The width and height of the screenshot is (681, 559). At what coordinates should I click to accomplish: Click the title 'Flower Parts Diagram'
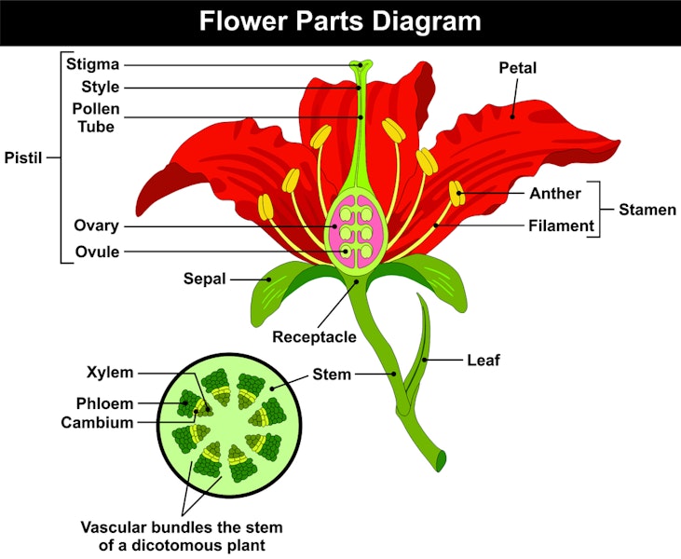coord(340,21)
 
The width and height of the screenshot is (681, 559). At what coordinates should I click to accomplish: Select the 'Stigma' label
coord(92,65)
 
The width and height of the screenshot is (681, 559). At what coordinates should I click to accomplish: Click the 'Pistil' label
coord(24,157)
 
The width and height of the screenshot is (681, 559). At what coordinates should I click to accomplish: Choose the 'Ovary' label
coord(96,225)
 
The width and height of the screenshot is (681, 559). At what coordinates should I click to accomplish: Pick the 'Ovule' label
coord(96,252)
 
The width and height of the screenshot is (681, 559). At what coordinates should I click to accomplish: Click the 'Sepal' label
coord(205,278)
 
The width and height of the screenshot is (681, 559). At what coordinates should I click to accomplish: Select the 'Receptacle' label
coord(314,336)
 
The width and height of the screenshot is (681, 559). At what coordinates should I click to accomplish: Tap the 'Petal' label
coord(518,68)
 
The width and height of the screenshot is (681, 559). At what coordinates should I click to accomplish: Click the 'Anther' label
coord(555,194)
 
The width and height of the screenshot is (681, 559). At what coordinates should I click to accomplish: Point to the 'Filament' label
coord(561,225)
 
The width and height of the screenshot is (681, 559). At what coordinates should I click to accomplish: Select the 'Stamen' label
coord(647,210)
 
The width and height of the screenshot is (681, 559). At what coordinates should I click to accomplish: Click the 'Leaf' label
coord(484,359)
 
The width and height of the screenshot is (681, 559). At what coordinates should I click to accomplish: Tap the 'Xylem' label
coord(111,374)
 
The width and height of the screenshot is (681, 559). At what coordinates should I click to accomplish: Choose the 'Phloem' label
coord(105,404)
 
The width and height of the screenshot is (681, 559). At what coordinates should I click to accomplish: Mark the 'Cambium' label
coord(97,422)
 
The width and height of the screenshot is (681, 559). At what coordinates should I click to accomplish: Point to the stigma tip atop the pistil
coord(361,66)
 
